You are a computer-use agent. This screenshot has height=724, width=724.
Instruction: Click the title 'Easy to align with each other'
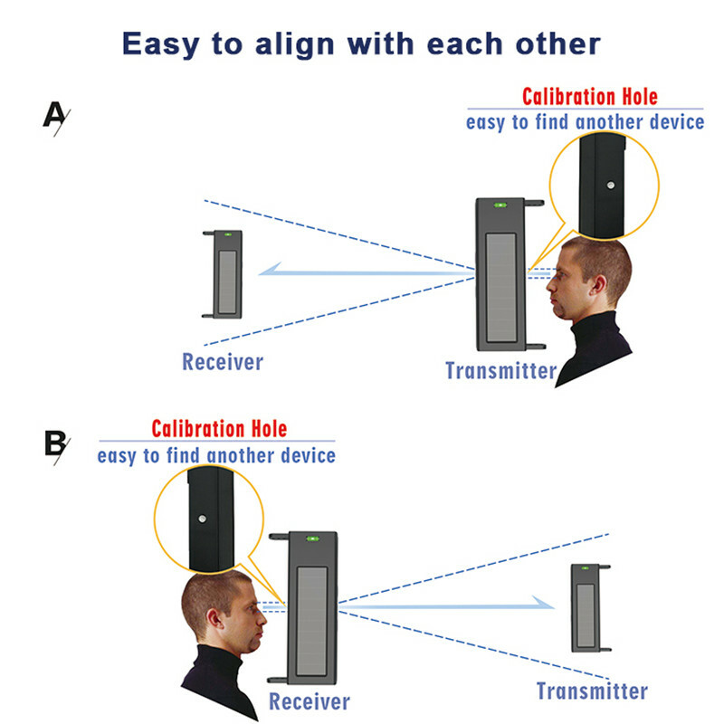point(361,43)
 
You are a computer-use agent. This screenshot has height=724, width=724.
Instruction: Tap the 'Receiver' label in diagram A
point(223,362)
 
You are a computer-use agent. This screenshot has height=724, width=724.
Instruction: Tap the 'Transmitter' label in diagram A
point(500,370)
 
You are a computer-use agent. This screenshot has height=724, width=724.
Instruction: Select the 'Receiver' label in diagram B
point(309,701)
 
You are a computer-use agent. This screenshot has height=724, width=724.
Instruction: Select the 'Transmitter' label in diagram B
point(592,692)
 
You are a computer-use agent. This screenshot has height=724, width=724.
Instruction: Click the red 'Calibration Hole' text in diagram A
point(589,96)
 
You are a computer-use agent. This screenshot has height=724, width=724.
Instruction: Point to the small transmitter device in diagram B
point(586,607)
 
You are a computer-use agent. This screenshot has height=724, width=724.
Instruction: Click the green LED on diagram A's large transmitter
point(500,205)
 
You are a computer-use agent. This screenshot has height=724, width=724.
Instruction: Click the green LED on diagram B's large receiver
point(312,538)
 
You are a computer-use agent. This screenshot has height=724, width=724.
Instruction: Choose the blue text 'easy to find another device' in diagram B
point(216,455)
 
